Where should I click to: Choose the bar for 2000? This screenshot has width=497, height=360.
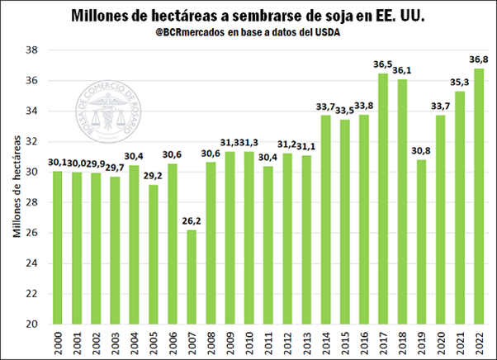(x=57, y=247)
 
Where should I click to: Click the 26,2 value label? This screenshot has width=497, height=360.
(x=192, y=220)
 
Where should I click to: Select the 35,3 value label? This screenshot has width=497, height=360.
(x=460, y=82)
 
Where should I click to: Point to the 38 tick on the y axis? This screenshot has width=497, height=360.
(x=31, y=50)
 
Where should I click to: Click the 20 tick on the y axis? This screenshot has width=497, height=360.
(x=31, y=324)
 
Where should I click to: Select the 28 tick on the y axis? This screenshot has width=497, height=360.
(x=31, y=202)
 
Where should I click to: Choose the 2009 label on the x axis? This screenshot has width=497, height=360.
(x=211, y=343)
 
